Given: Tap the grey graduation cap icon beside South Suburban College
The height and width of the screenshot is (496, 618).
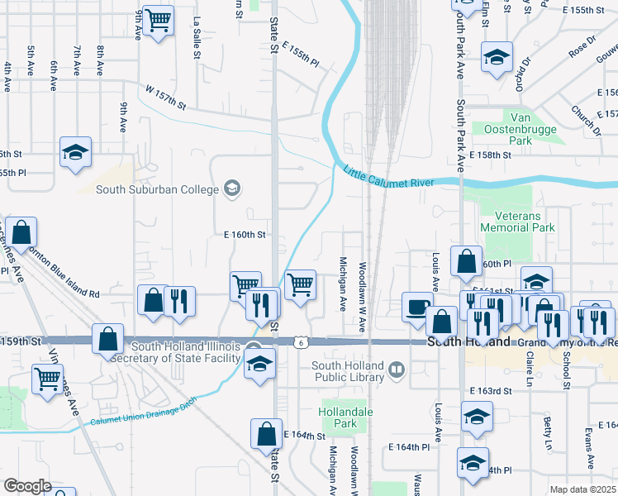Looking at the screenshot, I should (232, 189).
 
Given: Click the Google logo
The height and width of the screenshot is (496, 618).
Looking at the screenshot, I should (27, 485).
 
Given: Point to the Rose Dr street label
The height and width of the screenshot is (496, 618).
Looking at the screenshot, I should (581, 46).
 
